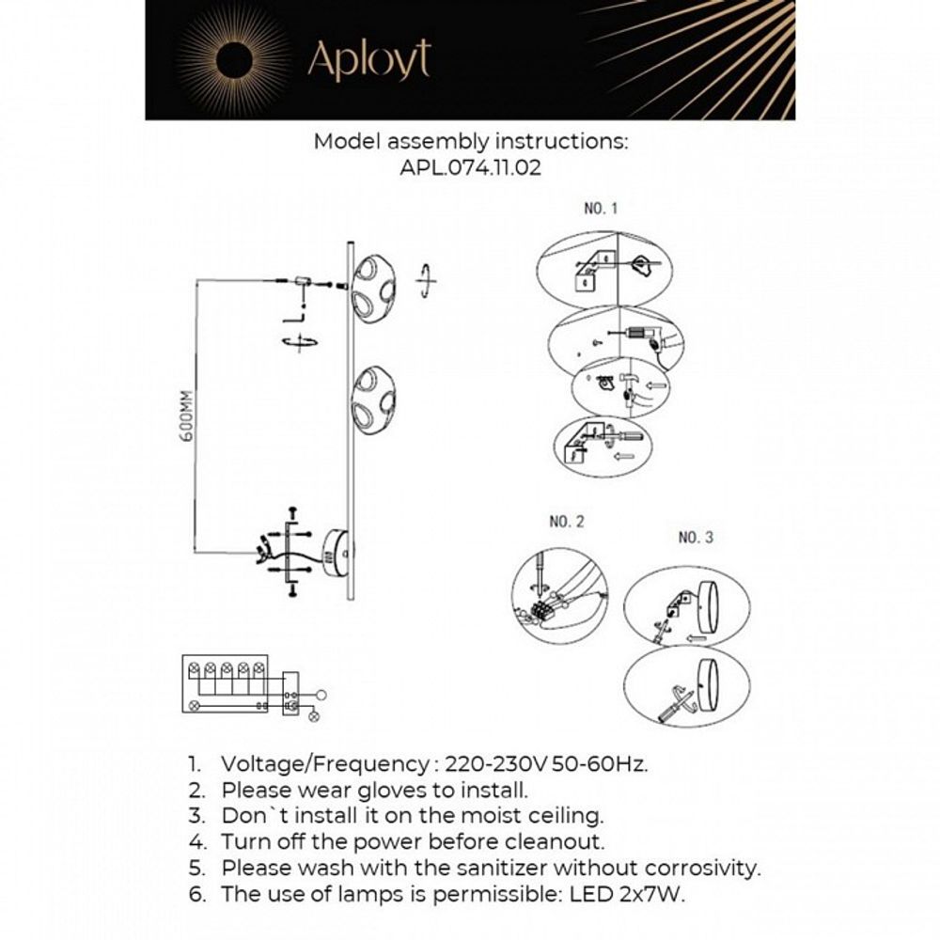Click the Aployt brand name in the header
(368, 61)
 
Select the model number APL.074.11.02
(470, 169)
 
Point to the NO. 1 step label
(602, 209)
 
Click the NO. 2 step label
(566, 521)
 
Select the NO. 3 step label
(696, 538)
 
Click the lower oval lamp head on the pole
(373, 398)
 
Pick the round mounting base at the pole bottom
(336, 551)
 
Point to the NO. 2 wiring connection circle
(559, 596)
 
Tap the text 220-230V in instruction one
(495, 762)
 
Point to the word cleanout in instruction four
(557, 841)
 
